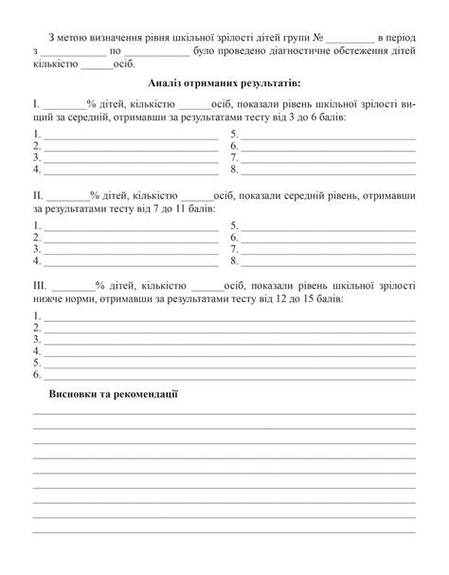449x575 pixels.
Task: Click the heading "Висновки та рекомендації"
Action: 114,392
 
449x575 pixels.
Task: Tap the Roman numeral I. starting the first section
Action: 36,101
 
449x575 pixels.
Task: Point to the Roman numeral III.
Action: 41,284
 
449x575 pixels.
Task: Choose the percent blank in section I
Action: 63,101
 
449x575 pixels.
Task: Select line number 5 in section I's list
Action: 235,134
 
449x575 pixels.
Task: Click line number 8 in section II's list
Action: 235,260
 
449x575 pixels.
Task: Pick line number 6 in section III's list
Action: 36,374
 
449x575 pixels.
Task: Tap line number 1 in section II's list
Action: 36,225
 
